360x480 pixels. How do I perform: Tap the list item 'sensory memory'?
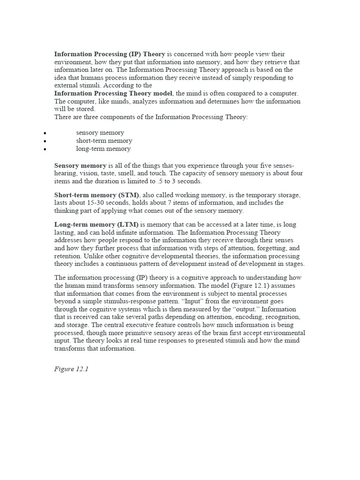[100, 133]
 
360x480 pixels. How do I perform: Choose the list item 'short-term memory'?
[104, 141]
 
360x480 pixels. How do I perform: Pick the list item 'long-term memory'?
[103, 149]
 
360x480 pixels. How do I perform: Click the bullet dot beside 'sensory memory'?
[44, 134]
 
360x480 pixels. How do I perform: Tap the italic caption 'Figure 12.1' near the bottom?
[71, 369]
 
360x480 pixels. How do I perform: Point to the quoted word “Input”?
[188, 301]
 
